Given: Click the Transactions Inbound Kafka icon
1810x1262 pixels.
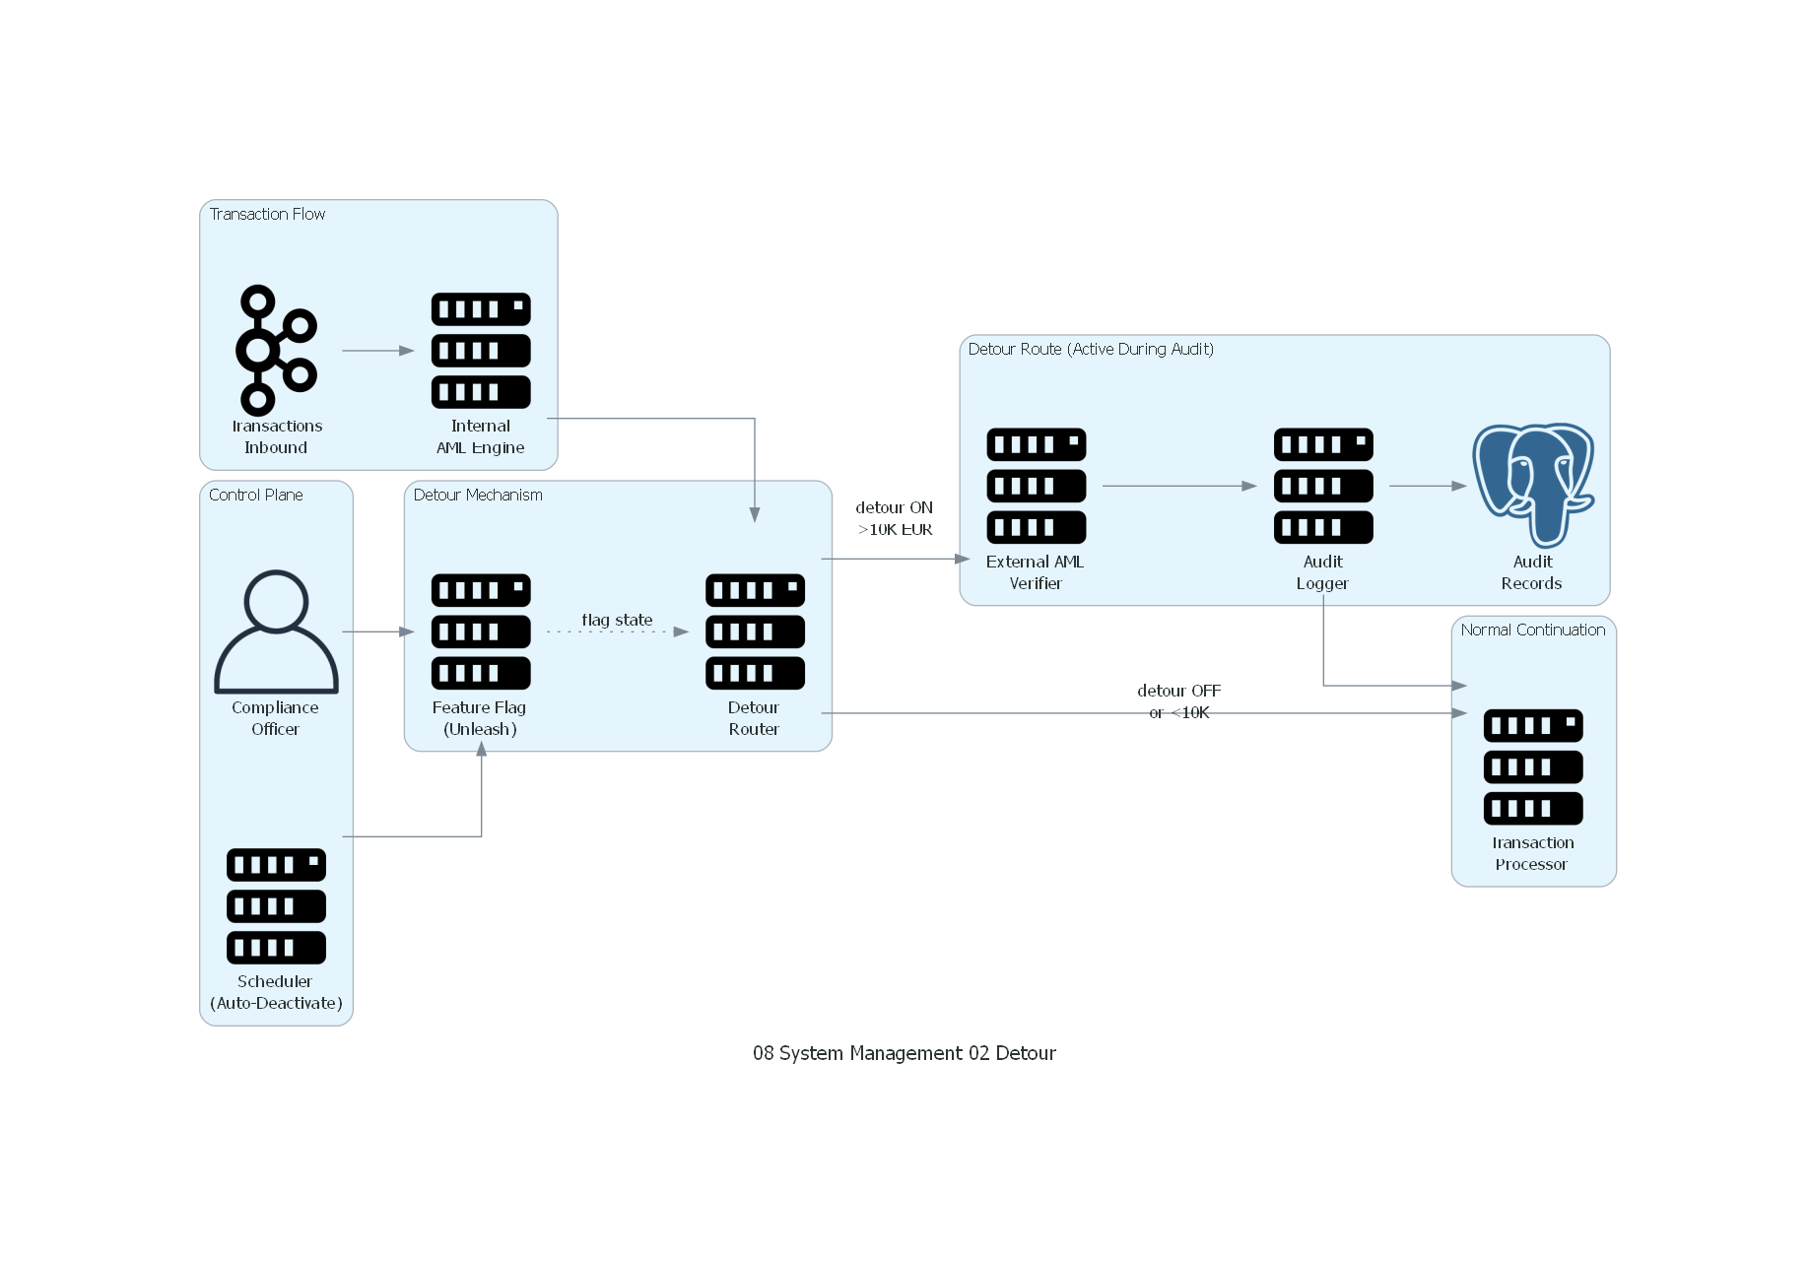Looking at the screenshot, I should coord(276,350).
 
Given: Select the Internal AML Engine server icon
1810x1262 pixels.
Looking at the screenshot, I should coord(481,350).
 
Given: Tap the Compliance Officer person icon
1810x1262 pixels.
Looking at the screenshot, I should coord(276,631).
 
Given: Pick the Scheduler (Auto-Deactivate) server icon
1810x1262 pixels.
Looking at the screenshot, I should coord(276,905).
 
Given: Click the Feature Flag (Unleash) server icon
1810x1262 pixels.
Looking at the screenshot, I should coord(481,631).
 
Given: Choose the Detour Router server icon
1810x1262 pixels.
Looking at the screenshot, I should coord(755,631).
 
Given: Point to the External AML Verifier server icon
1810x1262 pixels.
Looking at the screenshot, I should coord(1036,485).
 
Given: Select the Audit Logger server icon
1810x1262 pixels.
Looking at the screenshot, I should coord(1322,485).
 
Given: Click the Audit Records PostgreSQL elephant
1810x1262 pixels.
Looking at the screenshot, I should coord(1533,485).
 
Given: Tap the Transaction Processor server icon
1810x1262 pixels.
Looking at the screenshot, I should coord(1533,766).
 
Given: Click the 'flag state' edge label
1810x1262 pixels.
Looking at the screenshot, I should coord(617,620).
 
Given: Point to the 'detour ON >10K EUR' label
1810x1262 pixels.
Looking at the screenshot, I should coord(894,518).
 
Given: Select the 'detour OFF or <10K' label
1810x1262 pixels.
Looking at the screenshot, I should coord(1178,700).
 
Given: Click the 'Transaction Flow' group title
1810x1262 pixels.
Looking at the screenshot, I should coord(267,214).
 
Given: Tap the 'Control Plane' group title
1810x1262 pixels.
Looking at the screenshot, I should coord(255,495).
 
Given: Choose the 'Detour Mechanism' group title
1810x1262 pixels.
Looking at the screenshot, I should coord(478,495).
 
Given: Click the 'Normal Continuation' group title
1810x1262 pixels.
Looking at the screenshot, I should coord(1532,630).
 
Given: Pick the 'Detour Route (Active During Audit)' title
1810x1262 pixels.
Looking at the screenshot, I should coord(1091,349).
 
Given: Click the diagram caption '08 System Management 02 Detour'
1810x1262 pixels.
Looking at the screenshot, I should coord(904,1053).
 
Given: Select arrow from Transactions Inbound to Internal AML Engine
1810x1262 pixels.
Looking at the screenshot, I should coord(377,351).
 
